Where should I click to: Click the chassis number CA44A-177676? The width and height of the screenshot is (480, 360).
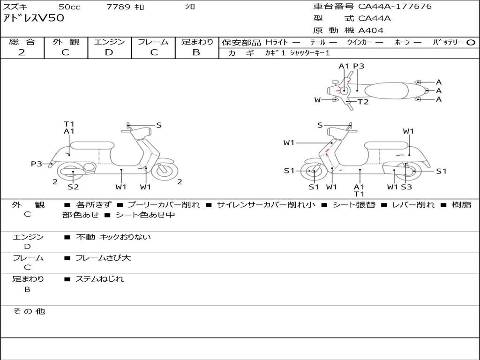[x=395, y=7]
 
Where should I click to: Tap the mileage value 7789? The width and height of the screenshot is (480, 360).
[x=119, y=7]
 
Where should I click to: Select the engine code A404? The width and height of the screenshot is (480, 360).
[x=371, y=30]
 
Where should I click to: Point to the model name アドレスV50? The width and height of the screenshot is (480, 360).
[x=34, y=19]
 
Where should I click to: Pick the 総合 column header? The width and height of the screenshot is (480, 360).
[x=22, y=42]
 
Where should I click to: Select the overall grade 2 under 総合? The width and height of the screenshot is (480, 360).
[x=22, y=52]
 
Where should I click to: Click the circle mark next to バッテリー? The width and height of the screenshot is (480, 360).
[x=471, y=43]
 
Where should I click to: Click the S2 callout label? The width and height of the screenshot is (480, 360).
[x=73, y=187]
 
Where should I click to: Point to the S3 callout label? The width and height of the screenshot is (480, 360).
[x=406, y=187]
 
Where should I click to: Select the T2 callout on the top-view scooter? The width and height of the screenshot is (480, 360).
[x=363, y=102]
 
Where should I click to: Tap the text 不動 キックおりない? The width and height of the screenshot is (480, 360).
[x=113, y=237]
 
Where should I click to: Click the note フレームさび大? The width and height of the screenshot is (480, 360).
[x=103, y=258]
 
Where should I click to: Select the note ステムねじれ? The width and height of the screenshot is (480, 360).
[x=100, y=279]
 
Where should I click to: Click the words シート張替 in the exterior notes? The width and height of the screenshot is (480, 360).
[x=356, y=205]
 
